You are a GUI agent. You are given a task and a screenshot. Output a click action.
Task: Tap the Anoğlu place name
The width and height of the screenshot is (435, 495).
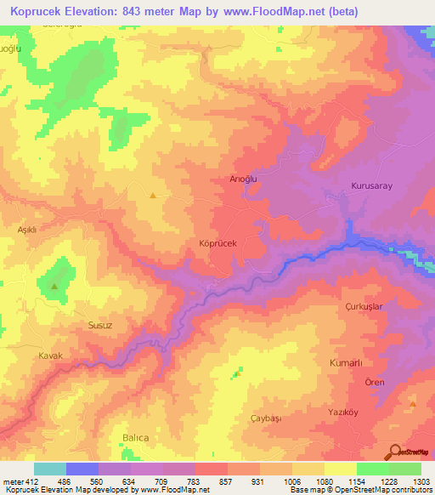click(x=243, y=179)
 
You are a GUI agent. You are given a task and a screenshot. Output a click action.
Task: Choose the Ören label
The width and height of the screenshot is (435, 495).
click(x=375, y=382)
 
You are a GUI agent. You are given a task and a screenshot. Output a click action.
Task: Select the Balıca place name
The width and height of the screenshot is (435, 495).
click(x=135, y=437)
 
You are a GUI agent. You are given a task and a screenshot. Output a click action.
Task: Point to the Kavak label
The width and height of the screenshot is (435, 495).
click(x=51, y=355)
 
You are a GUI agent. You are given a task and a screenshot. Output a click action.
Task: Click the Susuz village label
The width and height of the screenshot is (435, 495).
click(x=101, y=325)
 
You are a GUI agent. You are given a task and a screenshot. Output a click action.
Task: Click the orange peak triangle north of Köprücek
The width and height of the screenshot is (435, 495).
click(x=152, y=195)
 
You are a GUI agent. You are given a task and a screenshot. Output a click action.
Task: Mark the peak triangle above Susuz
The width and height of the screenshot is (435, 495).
click(x=54, y=286)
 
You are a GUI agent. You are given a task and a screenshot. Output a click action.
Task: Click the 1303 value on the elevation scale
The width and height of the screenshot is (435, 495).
click(x=421, y=481)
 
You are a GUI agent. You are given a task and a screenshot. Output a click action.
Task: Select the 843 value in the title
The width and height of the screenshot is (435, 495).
click(x=135, y=12)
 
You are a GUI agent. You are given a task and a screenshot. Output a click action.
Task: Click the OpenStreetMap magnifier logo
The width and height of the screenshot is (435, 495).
click(x=394, y=452)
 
